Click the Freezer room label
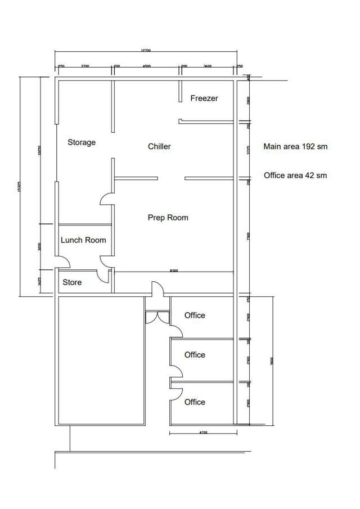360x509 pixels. tap(204, 98)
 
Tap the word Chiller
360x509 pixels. tap(159, 147)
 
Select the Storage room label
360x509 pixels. tap(82, 142)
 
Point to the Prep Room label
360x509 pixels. tap(168, 218)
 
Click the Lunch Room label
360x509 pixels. tap(83, 240)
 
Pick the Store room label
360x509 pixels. tap(72, 282)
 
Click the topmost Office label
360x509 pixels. tap(195, 316)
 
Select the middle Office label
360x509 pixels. tap(195, 355)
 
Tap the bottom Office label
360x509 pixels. tap(195, 402)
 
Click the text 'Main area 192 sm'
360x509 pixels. tap(295, 147)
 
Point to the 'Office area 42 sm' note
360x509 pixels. tap(295, 175)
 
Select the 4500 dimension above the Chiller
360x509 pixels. tap(146, 66)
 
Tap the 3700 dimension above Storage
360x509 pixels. tap(85, 66)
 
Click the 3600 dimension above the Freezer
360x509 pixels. tap(207, 66)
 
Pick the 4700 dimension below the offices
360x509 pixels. tap(203, 433)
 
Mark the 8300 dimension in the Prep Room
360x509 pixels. tap(174, 271)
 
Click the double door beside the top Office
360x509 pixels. tap(157, 318)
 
